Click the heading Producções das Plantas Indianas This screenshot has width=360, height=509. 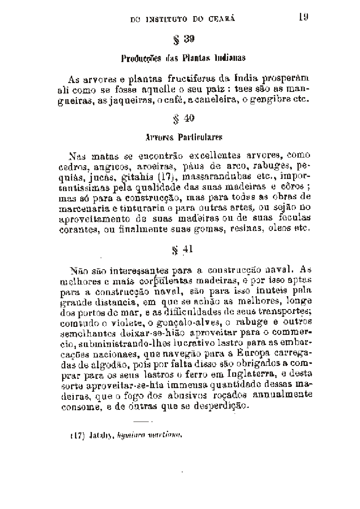point(183,58)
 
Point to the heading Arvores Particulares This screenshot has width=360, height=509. point(183,137)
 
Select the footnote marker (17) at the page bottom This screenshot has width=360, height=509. point(78,435)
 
